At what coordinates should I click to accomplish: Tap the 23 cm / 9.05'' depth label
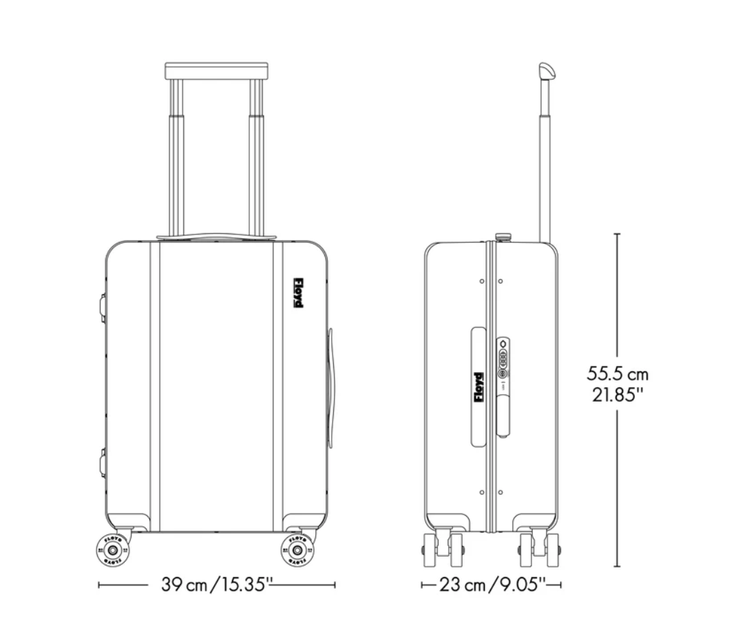tap(492, 585)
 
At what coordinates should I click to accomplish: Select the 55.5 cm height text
tap(618, 374)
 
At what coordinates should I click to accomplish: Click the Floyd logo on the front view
tap(298, 292)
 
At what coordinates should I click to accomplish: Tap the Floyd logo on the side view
tap(479, 388)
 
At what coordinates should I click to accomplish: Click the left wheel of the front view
tap(110, 550)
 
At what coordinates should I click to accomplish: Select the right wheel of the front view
tap(297, 550)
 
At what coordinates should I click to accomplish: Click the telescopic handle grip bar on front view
tap(216, 70)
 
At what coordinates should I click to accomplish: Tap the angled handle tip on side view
tap(547, 71)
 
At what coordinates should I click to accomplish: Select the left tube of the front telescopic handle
tap(177, 158)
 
